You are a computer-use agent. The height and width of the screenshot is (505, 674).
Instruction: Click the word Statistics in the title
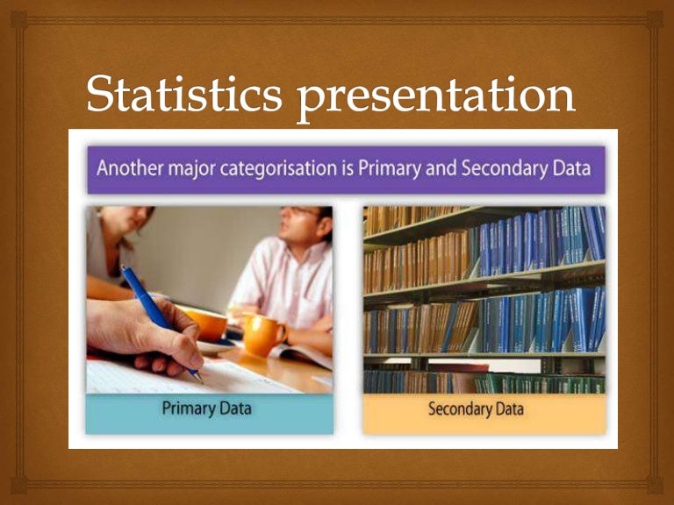184,96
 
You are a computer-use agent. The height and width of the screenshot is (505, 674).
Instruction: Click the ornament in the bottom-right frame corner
655,485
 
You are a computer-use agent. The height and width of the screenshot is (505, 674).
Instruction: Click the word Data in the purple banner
571,167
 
